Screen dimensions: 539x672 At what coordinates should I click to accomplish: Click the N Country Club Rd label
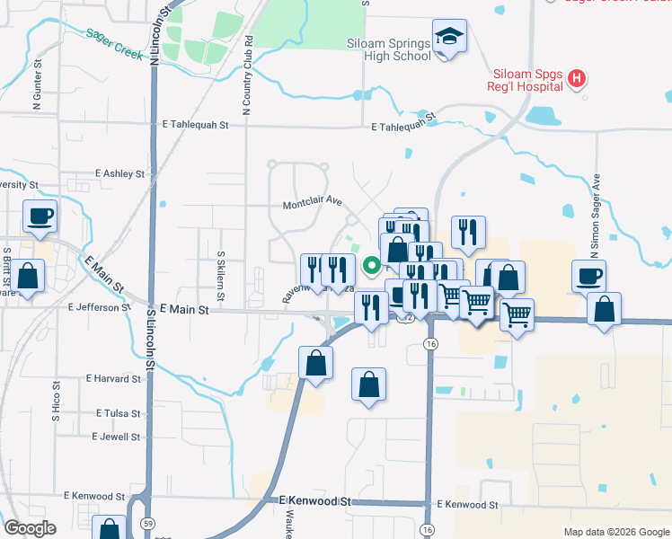click(247, 75)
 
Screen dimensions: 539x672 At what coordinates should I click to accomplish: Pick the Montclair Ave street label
click(313, 203)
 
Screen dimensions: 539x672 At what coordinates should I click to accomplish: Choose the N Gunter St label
click(38, 86)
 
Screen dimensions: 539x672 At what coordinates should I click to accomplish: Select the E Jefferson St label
click(99, 306)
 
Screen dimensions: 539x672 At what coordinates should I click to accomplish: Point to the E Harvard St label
click(113, 379)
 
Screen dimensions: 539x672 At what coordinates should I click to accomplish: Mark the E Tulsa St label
click(119, 413)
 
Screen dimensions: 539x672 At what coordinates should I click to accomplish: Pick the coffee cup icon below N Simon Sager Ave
click(589, 276)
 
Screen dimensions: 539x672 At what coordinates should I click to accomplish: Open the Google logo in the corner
click(30, 528)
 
